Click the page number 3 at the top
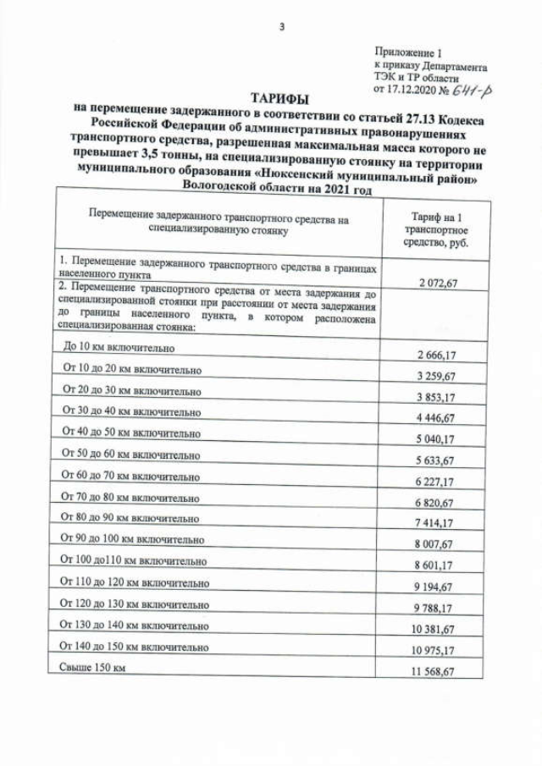pyautogui.click(x=282, y=26)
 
